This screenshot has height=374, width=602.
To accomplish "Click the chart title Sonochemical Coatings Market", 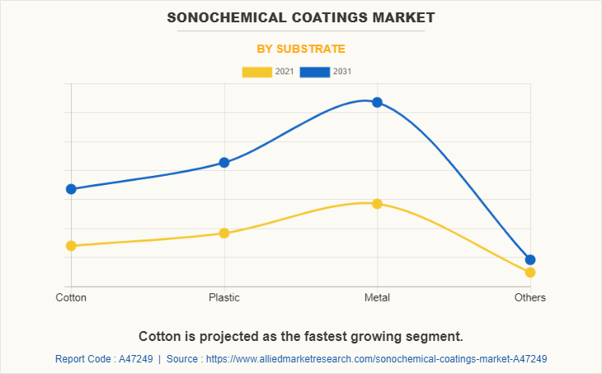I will click(301, 17).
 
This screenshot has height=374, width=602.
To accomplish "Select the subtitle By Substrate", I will click(301, 49).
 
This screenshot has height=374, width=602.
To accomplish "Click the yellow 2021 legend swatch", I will click(256, 72).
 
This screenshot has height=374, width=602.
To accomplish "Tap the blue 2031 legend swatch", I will click(315, 72).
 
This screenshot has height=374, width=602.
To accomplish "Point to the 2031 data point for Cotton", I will click(71, 189).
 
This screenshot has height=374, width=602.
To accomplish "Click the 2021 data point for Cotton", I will click(71, 245).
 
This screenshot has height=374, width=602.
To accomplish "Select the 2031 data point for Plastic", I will click(224, 163).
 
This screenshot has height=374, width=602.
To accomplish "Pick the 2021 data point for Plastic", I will click(224, 233).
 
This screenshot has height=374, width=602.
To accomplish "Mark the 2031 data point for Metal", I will click(377, 102).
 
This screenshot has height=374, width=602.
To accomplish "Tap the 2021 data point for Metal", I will click(377, 204).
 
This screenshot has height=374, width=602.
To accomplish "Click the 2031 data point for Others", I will click(530, 259).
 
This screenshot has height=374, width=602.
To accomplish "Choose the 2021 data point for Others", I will click(530, 272).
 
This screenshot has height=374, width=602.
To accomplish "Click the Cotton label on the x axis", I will click(71, 297).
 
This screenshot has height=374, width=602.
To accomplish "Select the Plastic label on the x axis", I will click(224, 297).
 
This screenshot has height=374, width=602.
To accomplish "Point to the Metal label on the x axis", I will click(377, 297).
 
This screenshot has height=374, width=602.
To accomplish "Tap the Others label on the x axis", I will click(530, 297).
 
